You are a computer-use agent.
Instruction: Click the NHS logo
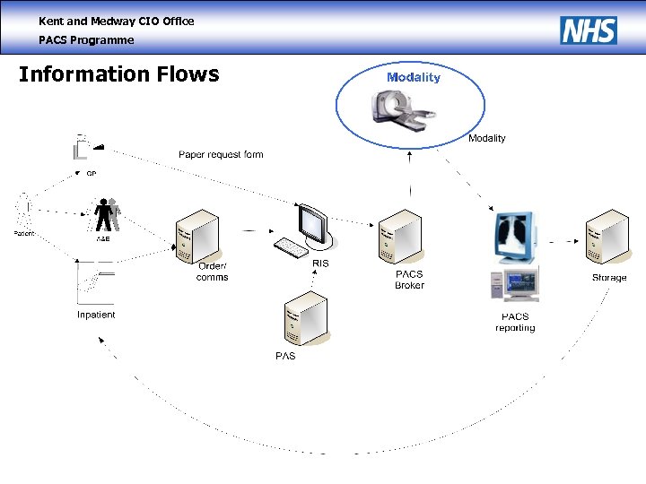pyautogui.click(x=589, y=30)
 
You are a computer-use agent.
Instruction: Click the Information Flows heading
pyautogui.click(x=118, y=74)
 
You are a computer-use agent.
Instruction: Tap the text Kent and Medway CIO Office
pyautogui.click(x=116, y=21)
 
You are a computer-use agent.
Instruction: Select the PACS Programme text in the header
pyautogui.click(x=86, y=40)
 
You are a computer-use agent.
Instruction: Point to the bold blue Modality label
pyautogui.click(x=414, y=77)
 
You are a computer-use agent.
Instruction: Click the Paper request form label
pyautogui.click(x=221, y=154)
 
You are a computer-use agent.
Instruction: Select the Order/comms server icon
pyautogui.click(x=197, y=235)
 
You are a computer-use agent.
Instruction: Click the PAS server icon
pyautogui.click(x=304, y=318)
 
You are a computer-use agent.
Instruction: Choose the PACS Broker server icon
pyautogui.click(x=398, y=238)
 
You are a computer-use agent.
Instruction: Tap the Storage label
pyautogui.click(x=609, y=278)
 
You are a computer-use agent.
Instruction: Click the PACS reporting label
pyautogui.click(x=515, y=323)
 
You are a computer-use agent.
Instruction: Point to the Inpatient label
pyautogui.click(x=96, y=315)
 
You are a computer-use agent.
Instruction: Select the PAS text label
pyautogui.click(x=284, y=356)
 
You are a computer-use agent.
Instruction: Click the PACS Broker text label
pyautogui.click(x=409, y=280)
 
